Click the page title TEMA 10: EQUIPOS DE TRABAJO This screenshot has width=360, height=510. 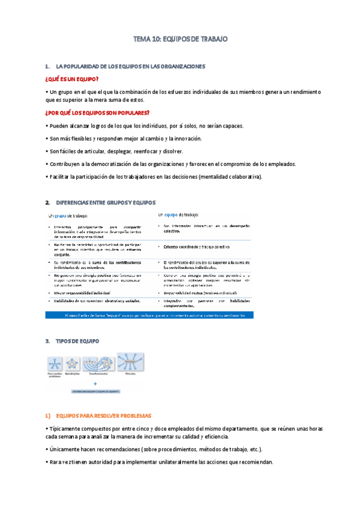tap(180, 39)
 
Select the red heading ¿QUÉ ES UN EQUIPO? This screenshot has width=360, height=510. tap(72, 79)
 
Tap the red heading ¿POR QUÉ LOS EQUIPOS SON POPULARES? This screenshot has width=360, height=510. tap(97, 113)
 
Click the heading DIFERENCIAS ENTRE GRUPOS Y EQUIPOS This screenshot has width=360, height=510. tap(105, 203)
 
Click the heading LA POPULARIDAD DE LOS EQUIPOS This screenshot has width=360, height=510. tap(130, 66)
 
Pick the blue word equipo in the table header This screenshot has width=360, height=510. tap(171, 214)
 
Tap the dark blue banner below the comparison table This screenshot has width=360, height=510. tap(150, 315)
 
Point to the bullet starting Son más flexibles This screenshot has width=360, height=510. tap(123, 138)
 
